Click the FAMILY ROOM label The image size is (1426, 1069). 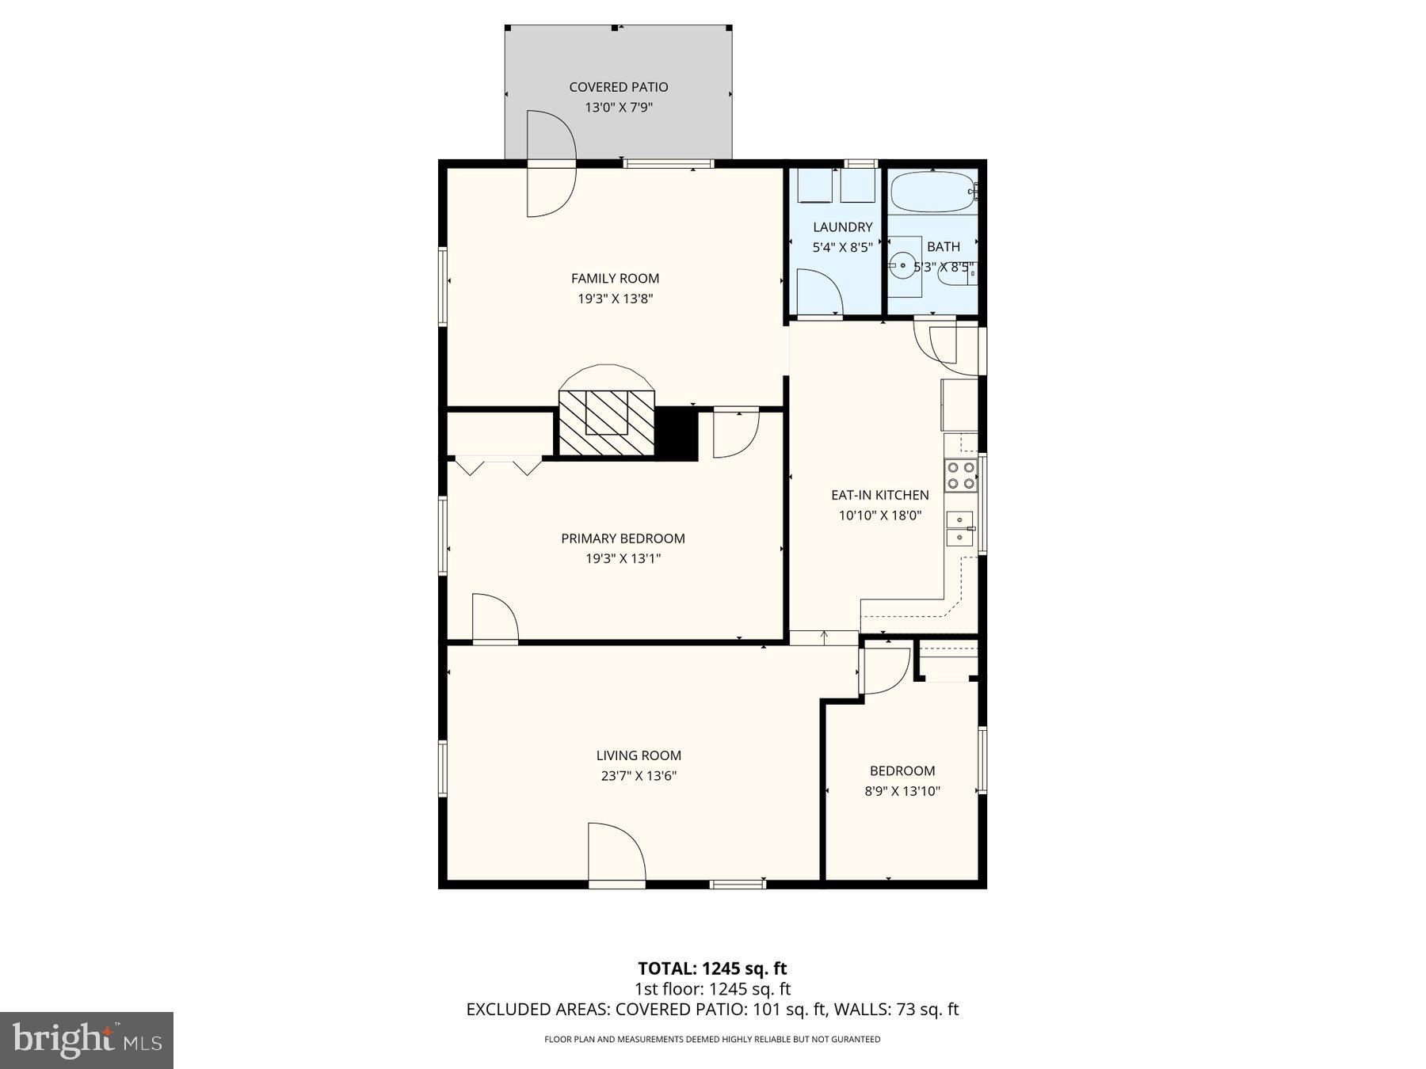point(615,278)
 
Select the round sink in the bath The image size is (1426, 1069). point(902,266)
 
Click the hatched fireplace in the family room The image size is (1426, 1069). point(607,423)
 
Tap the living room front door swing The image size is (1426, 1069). point(616,852)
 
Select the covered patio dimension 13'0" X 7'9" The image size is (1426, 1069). point(618,108)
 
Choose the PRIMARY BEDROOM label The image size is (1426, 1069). point(623,538)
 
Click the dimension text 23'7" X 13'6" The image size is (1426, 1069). point(639,776)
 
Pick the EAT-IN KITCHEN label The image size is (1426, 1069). point(879,495)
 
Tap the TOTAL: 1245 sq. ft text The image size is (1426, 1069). point(712,968)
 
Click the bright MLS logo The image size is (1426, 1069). point(86,1040)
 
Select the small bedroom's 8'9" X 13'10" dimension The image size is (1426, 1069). point(902,791)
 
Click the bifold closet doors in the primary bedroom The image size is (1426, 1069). point(499,466)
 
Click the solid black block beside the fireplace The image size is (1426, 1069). point(677,433)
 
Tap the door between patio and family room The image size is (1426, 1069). point(551,164)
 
